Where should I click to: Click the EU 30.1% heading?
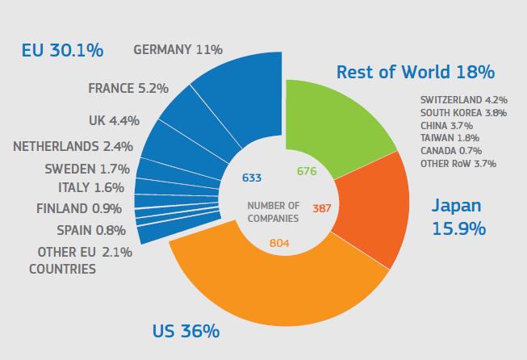62,51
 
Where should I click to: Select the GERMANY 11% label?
178,49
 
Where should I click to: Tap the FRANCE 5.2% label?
128,88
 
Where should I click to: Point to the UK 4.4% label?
114,120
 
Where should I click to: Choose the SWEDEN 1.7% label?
86,169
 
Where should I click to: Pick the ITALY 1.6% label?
91,187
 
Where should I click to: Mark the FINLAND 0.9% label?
80,208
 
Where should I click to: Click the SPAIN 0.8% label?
90,229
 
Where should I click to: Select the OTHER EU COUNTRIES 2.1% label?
81,260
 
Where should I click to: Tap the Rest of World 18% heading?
415,72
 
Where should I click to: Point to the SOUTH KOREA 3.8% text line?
463,113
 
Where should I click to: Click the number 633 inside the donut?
252,178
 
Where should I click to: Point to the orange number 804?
278,243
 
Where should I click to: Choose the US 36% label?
186,331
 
